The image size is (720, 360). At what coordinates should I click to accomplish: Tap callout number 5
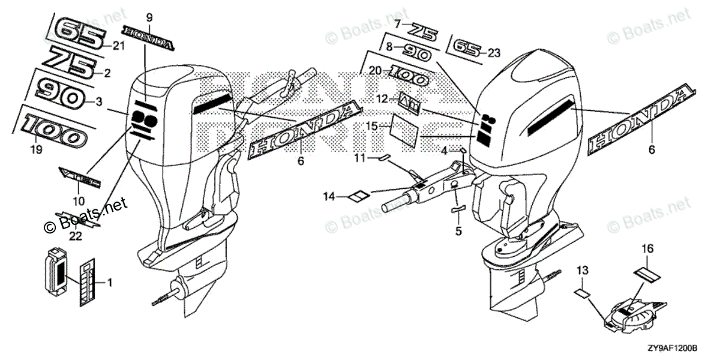click(458, 230)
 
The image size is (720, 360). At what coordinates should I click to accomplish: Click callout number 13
click(581, 271)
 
